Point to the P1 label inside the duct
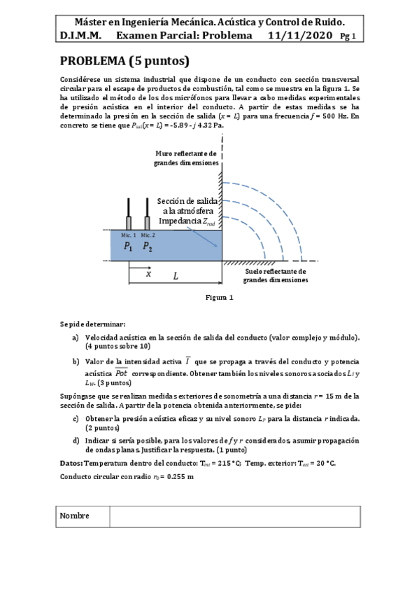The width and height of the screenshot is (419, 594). coord(128,246)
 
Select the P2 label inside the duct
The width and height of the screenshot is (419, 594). coord(148,246)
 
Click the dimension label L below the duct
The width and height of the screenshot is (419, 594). coord(176,276)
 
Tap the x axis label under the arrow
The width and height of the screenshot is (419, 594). coord(148,275)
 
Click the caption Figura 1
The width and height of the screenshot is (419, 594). coord(219,297)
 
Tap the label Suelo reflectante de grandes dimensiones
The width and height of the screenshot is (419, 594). coord(276,275)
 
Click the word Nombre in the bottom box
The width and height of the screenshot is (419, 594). coord(75,516)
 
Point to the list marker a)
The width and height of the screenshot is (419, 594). coord(75,338)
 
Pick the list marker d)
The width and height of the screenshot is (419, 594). coord(75,440)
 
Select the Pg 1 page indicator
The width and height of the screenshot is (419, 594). coord(348,36)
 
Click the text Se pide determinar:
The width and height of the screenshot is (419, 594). coord(92,324)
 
